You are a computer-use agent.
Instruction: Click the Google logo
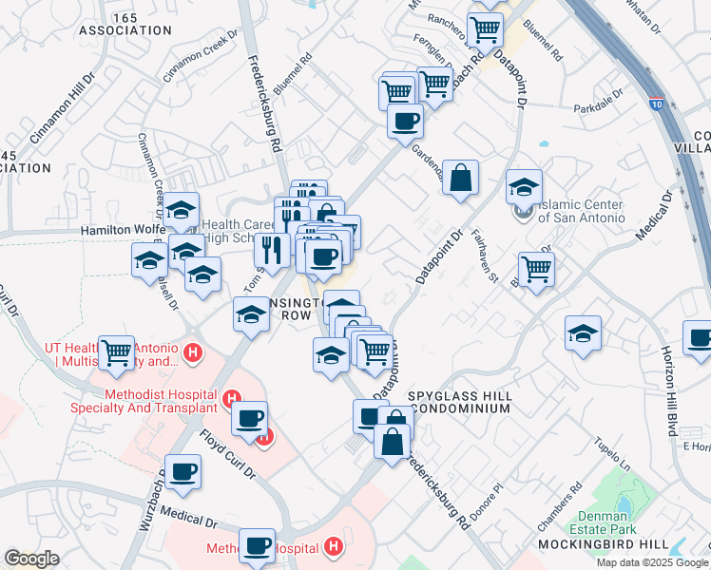[31, 559]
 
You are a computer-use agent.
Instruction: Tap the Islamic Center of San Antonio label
[580, 211]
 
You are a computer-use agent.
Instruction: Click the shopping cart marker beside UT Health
[117, 352]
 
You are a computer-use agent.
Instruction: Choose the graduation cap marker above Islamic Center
[523, 186]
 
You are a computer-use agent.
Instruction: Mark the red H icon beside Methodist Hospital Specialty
[231, 397]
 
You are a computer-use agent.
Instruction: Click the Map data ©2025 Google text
[651, 561]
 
